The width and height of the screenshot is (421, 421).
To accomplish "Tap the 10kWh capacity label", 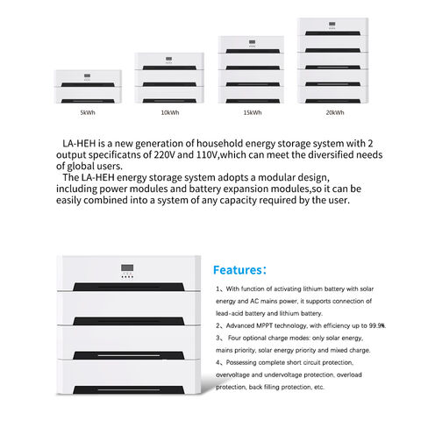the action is click(x=169, y=112).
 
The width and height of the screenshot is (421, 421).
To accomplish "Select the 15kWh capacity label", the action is click(x=252, y=112).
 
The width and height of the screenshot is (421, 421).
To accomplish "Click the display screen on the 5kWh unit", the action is click(x=87, y=76).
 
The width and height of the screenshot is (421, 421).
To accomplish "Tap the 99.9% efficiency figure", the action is click(x=376, y=325).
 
